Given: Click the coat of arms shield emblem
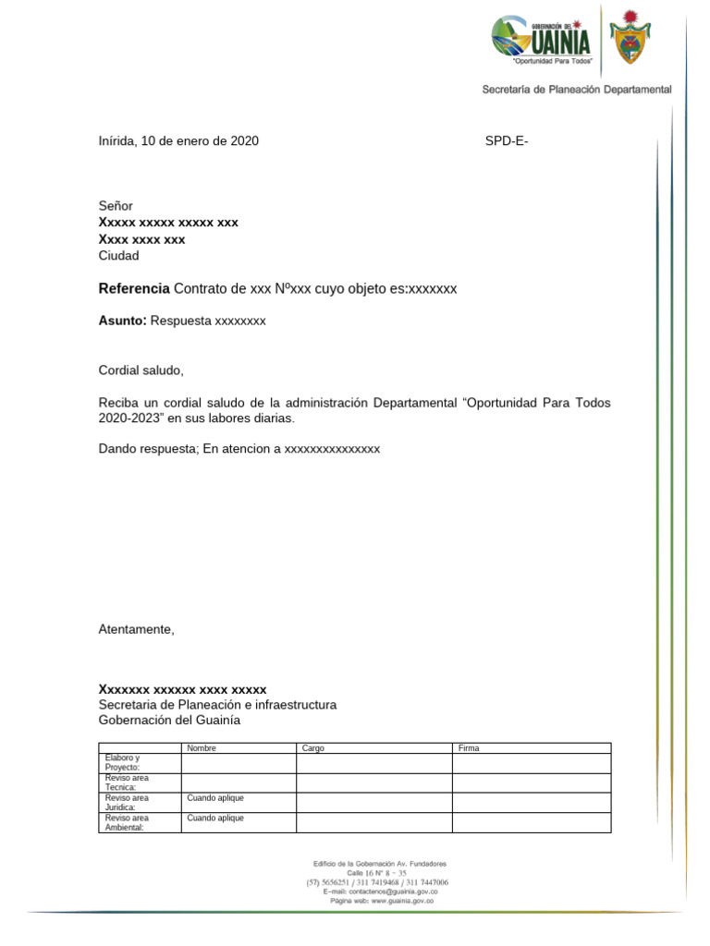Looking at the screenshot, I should pos(631,39).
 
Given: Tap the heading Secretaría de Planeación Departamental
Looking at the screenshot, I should pos(577,90).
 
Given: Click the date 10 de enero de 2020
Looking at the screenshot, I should pos(200,141).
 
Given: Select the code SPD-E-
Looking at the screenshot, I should pos(507,141).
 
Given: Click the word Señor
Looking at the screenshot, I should pos(116,206).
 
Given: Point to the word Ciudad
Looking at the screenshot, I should pos(118,256).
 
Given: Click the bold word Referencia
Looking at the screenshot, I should pos(134,289).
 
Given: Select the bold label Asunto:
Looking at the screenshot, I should pos(123,321).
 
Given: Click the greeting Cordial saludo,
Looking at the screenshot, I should pos(141,370).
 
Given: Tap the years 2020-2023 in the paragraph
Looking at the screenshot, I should pos(130,419).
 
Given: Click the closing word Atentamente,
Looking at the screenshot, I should pos(136,629).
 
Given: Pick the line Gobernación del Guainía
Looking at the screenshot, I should pos(169,721).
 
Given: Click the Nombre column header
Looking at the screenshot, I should pos(202,748).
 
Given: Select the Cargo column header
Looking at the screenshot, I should pos(313,748).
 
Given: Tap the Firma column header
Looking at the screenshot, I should pos(469,748).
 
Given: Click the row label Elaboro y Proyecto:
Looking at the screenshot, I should pos(122,763).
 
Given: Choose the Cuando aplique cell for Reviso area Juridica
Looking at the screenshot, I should pos(215,798).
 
